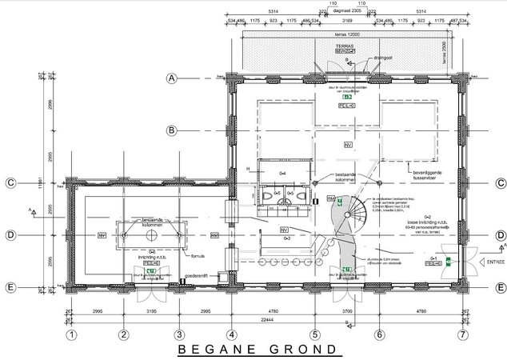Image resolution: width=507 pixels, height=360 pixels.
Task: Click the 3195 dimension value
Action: pos(150,308)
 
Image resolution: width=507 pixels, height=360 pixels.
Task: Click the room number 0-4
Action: pos(282,172)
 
